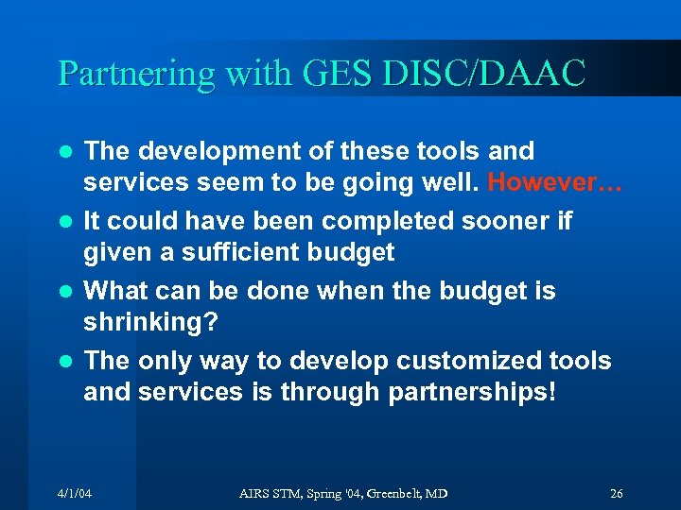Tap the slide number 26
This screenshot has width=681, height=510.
[617, 494]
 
